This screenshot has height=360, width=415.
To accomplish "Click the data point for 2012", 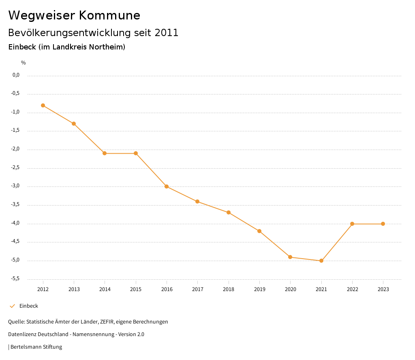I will [x=43, y=105].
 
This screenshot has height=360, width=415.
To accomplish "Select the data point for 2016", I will [x=167, y=186].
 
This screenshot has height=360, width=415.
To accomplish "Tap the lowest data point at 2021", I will [x=321, y=261].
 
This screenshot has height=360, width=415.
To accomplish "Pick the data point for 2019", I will [x=259, y=231].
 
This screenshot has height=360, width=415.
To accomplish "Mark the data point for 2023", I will [x=383, y=224].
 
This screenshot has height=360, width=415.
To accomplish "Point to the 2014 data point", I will [x=105, y=153].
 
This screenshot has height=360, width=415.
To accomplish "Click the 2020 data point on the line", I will [x=290, y=257].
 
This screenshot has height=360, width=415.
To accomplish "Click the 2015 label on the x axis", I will [x=136, y=289].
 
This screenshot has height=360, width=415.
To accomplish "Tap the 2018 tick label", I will [x=229, y=289].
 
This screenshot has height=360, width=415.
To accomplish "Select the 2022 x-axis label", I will [x=352, y=289].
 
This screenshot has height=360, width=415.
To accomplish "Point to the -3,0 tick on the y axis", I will [x=15, y=186].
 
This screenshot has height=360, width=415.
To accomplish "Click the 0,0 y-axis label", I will [x=16, y=75].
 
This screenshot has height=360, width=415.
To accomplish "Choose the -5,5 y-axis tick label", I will [x=15, y=279].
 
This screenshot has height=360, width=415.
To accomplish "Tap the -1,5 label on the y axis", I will [x=15, y=131].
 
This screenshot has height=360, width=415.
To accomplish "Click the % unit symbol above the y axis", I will [x=24, y=63].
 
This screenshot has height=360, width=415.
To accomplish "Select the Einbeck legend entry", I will [x=28, y=306].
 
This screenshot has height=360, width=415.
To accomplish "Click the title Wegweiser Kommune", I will [x=74, y=15].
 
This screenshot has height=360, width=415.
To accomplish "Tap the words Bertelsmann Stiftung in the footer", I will [x=36, y=347].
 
